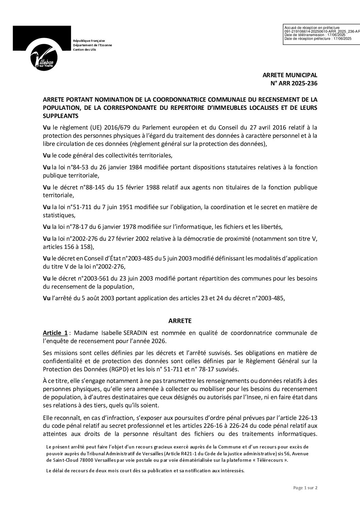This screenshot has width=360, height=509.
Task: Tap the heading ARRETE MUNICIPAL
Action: point(290,75)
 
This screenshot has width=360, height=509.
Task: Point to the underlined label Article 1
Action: point(55,332)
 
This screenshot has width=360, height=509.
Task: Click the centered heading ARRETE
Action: point(180,321)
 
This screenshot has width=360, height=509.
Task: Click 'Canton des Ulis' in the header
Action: point(85,50)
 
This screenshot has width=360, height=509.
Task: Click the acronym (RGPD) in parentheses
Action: point(100,369)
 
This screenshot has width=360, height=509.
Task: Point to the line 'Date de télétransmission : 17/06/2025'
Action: point(315,35)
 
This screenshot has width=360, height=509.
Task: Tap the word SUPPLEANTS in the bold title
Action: point(61,116)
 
